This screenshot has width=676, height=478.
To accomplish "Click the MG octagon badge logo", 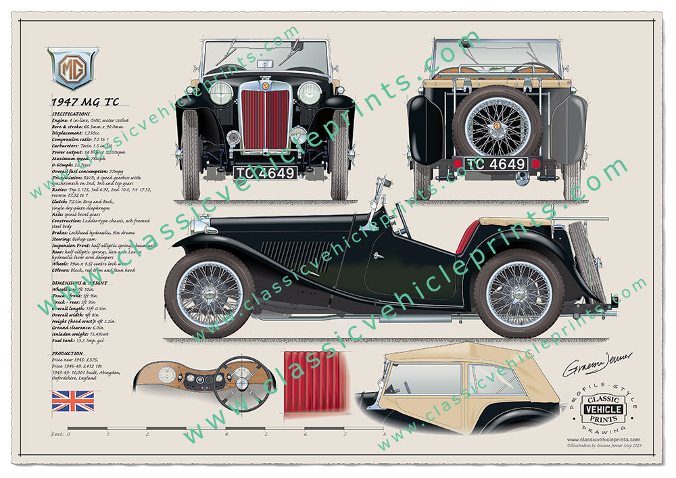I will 72,68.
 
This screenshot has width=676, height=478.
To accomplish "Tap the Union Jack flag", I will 73,400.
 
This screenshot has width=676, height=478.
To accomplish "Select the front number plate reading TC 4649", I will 266,172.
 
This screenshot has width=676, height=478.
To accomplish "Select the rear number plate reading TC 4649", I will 496,164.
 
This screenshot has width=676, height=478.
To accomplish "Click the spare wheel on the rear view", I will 497,124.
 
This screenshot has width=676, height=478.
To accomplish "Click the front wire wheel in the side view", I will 210,293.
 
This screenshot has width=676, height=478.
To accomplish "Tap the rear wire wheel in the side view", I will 519,293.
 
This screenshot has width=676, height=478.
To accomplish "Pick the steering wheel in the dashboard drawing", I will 240,383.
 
